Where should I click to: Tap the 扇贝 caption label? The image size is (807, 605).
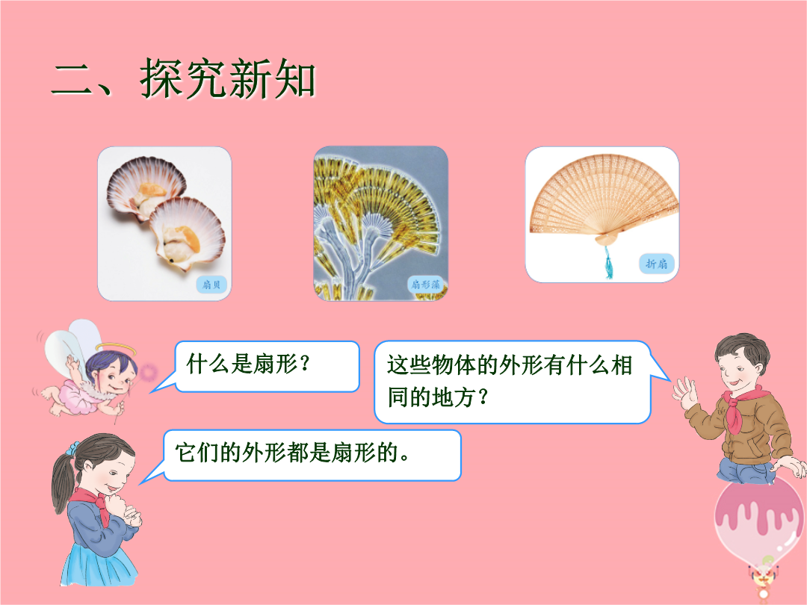[x=211, y=285]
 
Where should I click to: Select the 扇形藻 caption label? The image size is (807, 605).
[x=426, y=285]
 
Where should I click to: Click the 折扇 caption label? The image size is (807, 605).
[x=657, y=264]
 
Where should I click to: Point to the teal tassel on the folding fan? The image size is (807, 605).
[x=608, y=262]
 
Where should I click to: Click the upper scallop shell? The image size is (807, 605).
[x=146, y=187]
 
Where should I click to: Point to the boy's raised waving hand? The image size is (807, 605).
[x=685, y=393]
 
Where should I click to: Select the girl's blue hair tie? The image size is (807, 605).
[x=74, y=448]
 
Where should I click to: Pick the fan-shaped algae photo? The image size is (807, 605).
[x=381, y=224]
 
